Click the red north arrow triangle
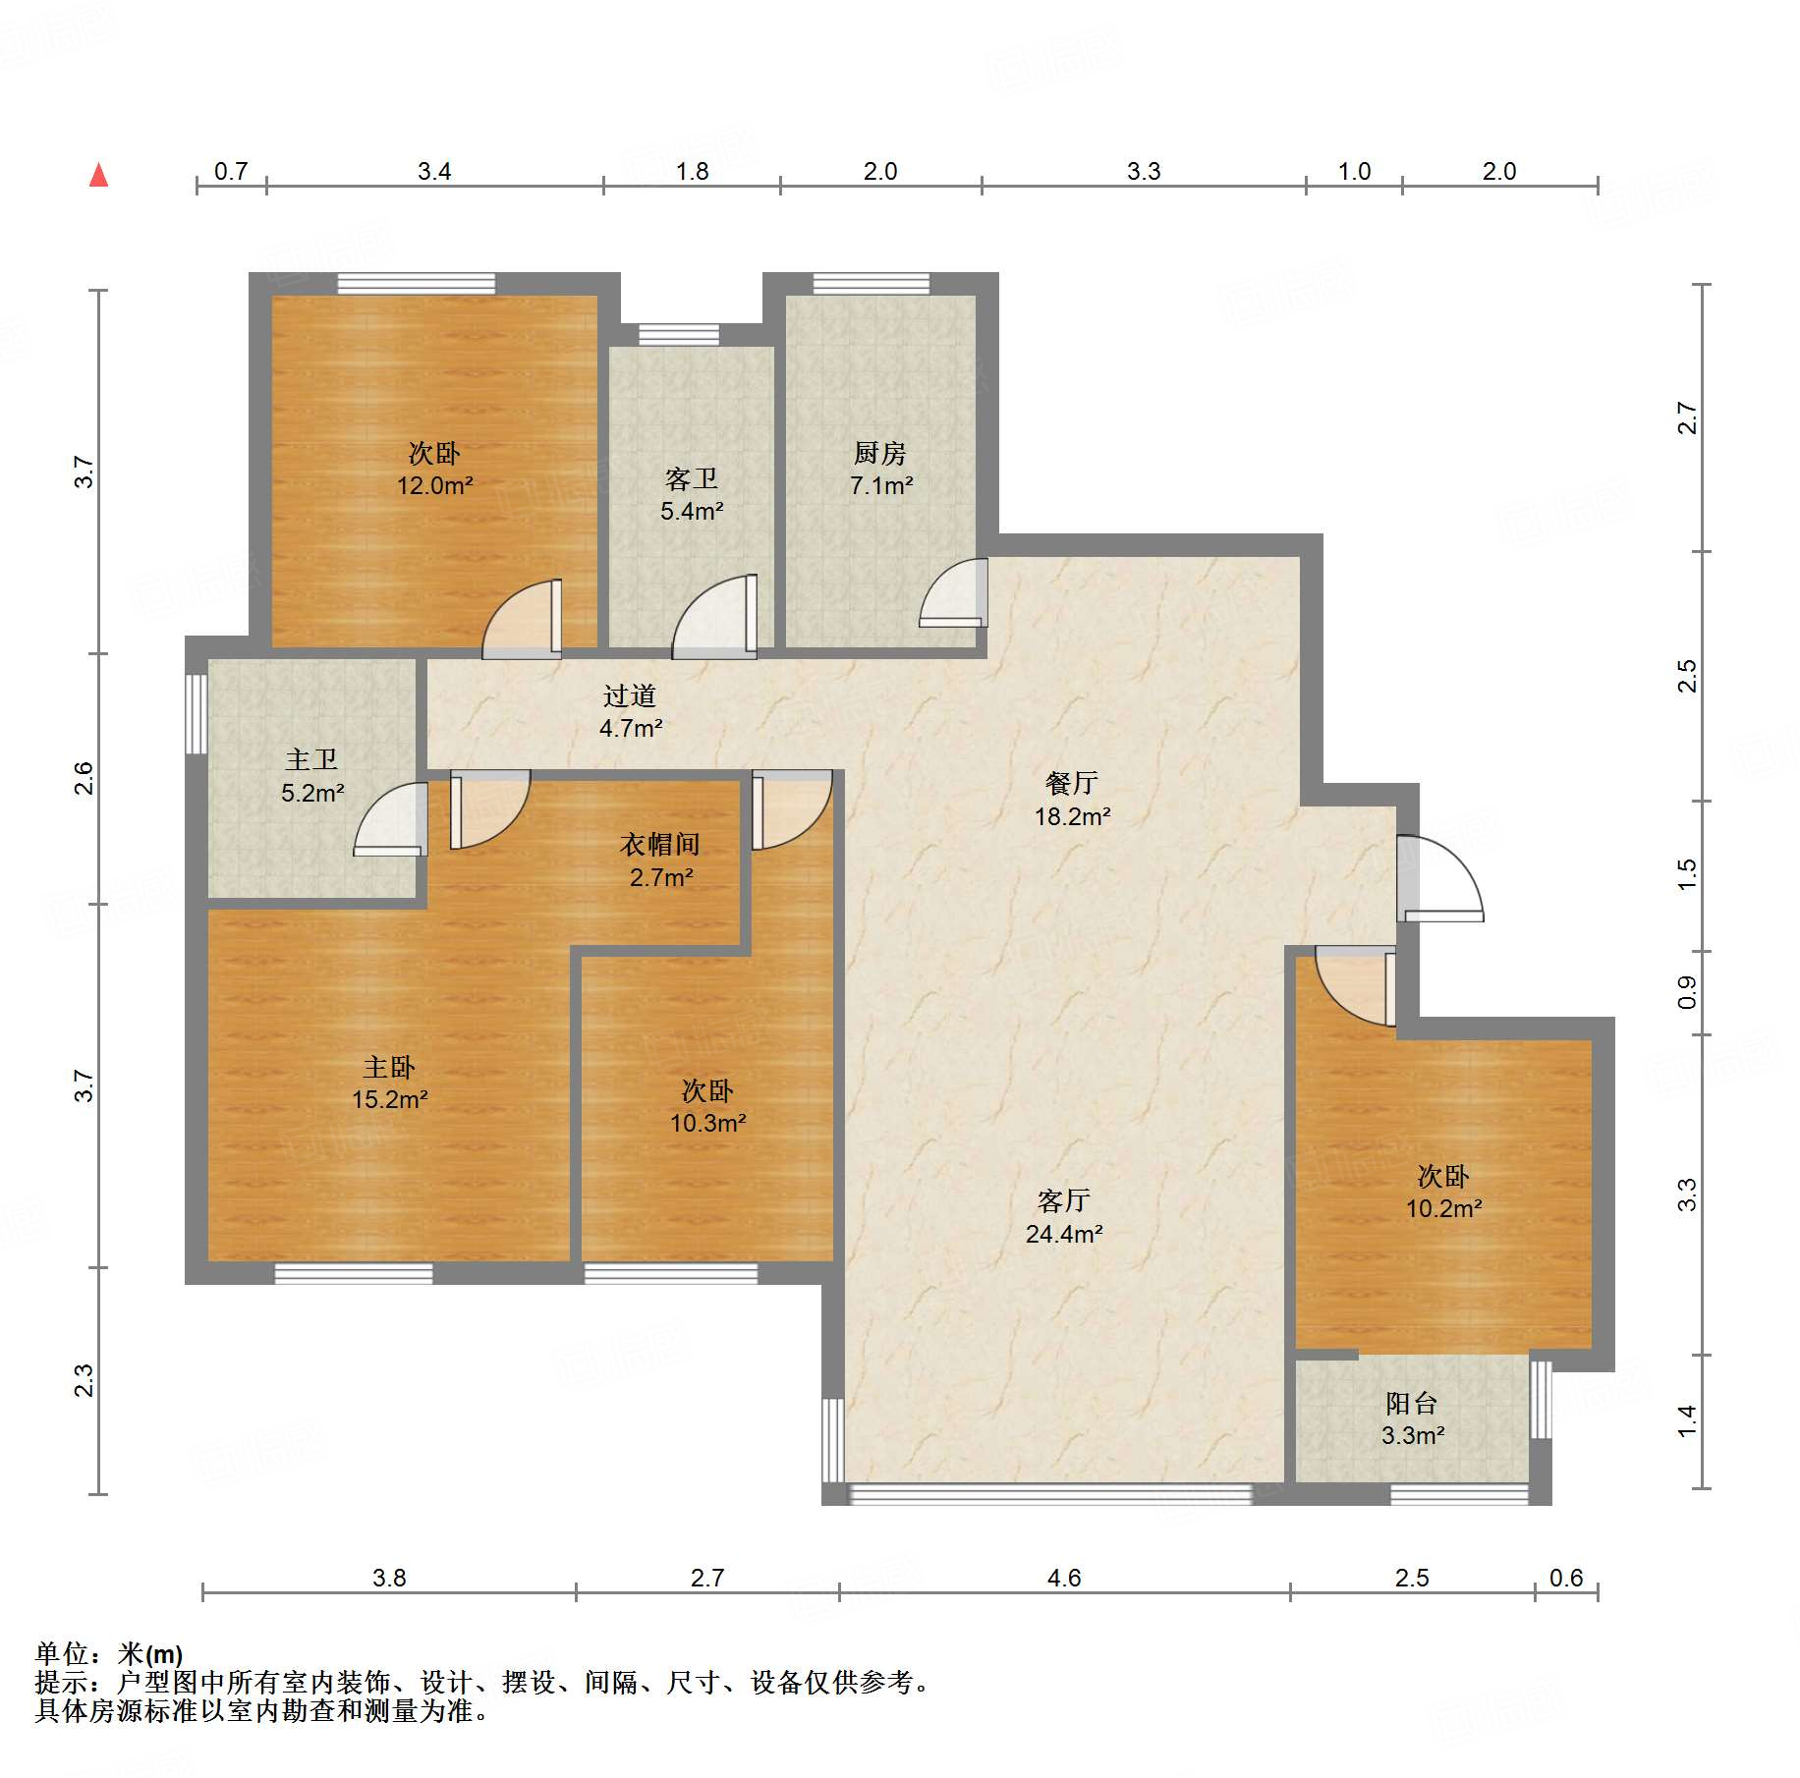98,176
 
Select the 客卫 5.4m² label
692,494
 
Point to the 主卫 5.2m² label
311,776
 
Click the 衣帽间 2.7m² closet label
660,861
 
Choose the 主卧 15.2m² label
389,1083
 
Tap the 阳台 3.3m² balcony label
1412,1419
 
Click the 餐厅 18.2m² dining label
1072,800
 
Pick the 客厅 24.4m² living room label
1063,1217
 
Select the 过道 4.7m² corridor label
630,712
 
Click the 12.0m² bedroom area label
434,485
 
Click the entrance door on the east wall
1439,878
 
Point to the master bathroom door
391,818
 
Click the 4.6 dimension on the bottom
1064,1578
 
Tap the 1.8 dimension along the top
692,171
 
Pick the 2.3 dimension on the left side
84,1380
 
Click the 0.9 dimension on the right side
1686,992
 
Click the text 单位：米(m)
109,1654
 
